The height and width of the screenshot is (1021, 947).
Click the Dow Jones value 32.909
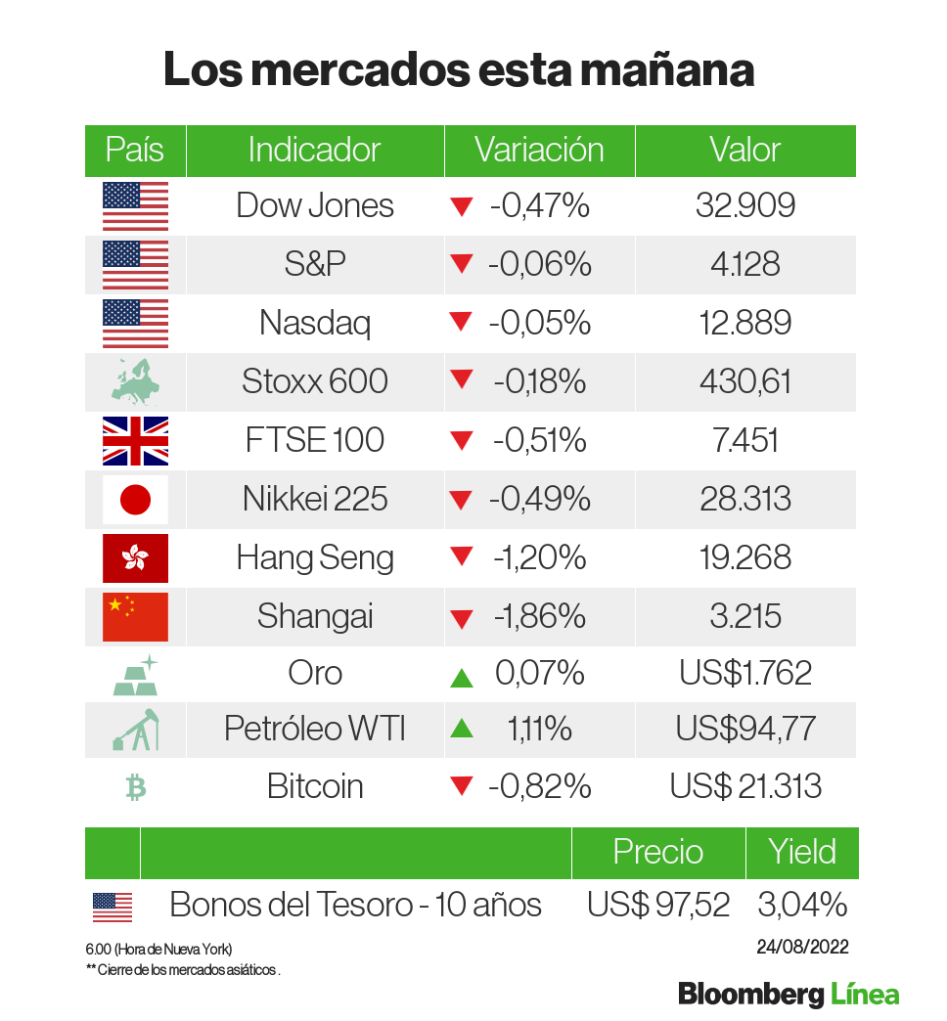(745, 205)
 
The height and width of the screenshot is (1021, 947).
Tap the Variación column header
(539, 151)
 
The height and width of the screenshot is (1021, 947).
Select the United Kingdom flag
(135, 440)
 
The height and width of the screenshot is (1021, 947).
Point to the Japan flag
(135, 500)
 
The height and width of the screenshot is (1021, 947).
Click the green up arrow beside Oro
(462, 676)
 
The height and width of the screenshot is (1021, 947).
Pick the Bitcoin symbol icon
(135, 787)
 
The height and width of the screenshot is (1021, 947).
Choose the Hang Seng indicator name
(315, 557)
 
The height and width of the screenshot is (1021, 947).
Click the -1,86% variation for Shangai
(539, 616)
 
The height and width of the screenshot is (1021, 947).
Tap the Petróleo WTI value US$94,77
(745, 730)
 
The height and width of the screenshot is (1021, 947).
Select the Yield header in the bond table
(801, 852)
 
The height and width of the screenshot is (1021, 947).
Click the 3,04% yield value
(801, 905)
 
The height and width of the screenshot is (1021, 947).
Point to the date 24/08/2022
(801, 947)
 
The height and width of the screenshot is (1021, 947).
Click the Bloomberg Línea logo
(789, 995)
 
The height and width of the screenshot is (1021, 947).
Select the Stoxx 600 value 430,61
(745, 381)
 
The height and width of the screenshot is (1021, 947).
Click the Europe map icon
(135, 382)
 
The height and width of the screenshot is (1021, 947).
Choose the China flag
(135, 616)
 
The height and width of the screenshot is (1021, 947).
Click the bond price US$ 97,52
(658, 905)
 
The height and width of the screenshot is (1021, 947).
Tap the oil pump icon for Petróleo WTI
(135, 730)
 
